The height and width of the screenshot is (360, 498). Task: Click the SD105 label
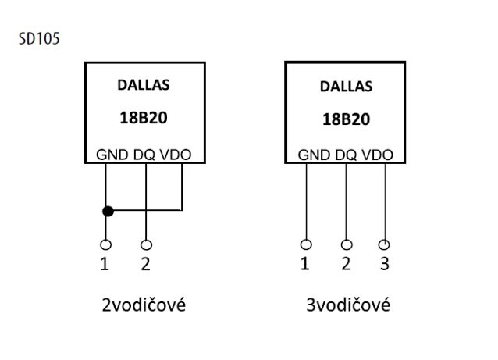[39, 39]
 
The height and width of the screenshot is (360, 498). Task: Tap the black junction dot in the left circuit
[108, 211]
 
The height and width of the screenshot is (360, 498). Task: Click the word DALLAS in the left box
[144, 85]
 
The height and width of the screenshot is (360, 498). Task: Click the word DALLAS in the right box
[346, 87]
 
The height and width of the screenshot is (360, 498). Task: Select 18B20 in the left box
[144, 118]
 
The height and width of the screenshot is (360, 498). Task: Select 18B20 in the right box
[347, 119]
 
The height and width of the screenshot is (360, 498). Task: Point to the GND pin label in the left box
[112, 155]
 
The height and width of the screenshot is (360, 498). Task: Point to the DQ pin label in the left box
[144, 155]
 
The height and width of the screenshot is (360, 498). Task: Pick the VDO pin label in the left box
[176, 155]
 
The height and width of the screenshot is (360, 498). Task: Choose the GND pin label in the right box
[314, 155]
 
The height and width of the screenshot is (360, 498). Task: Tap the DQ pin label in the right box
[346, 155]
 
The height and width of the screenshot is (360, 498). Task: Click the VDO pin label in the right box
[377, 155]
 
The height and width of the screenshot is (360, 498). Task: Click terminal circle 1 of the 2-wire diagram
[105, 244]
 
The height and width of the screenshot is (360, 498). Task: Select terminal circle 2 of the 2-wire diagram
[146, 244]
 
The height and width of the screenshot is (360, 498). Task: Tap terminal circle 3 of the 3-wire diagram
[384, 244]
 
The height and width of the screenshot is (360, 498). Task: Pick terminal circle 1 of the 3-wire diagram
[306, 244]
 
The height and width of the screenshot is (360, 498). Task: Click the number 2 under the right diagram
[346, 263]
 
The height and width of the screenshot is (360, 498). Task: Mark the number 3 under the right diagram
[385, 263]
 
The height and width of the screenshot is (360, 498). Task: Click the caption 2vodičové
[144, 305]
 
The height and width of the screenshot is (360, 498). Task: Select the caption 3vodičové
[348, 305]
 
